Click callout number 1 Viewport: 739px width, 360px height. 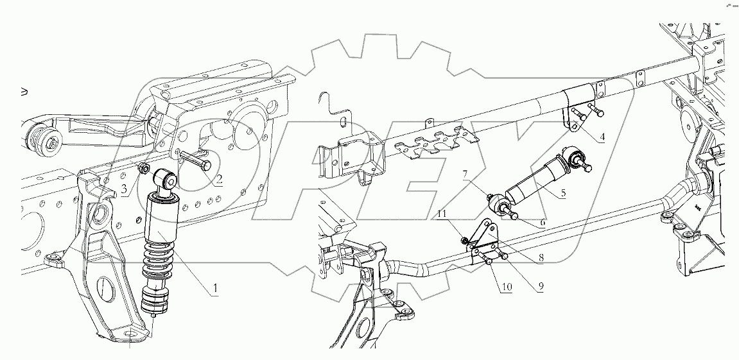[215, 289]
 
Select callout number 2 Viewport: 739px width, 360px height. [218, 180]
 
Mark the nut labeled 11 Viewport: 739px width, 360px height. [464, 241]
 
